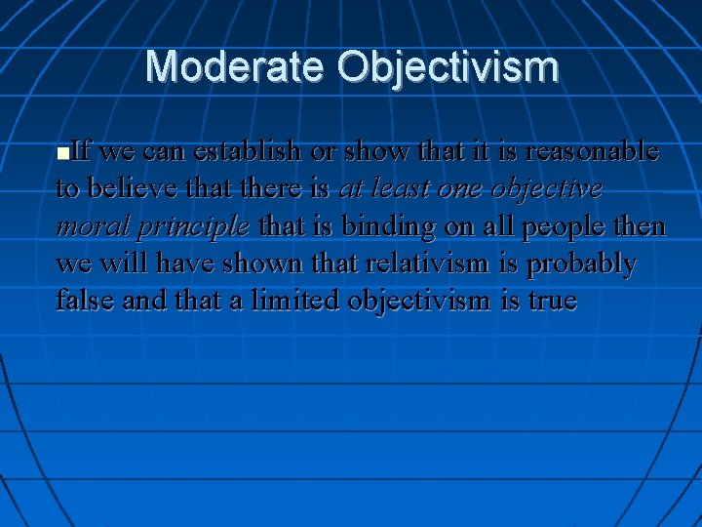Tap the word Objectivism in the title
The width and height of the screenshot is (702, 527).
(448, 67)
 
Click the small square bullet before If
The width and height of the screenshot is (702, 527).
(63, 154)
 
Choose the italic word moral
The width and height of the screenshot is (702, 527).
(93, 226)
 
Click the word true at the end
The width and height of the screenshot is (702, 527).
(552, 301)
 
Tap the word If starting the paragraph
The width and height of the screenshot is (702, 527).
(82, 152)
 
